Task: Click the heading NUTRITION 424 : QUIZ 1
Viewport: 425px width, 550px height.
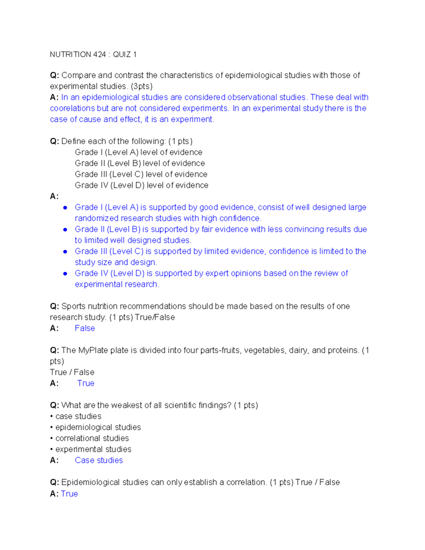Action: pyautogui.click(x=93, y=55)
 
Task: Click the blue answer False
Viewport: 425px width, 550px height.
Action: pyautogui.click(x=85, y=328)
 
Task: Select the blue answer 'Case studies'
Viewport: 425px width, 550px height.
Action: pyautogui.click(x=99, y=460)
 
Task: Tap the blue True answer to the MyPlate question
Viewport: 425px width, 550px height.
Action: pyautogui.click(x=86, y=383)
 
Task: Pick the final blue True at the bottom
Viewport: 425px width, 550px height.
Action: pyautogui.click(x=69, y=494)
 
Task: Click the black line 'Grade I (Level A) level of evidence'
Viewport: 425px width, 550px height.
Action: pyautogui.click(x=138, y=152)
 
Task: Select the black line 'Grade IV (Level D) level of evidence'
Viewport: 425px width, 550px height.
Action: pyautogui.click(x=141, y=185)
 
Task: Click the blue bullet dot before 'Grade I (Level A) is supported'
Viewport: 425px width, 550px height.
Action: pyautogui.click(x=65, y=208)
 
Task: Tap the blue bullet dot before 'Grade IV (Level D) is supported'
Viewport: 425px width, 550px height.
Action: pyautogui.click(x=65, y=274)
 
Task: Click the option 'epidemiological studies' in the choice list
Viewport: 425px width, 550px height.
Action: pyautogui.click(x=98, y=427)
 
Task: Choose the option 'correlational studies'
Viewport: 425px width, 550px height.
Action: pyautogui.click(x=92, y=438)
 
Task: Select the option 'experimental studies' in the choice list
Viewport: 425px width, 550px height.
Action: pyautogui.click(x=93, y=449)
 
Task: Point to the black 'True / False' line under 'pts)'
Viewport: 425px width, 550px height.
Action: pyautogui.click(x=72, y=372)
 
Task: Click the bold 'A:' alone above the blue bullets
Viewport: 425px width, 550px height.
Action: pyautogui.click(x=54, y=196)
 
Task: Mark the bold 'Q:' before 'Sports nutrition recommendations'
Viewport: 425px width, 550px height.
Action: pyautogui.click(x=55, y=306)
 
